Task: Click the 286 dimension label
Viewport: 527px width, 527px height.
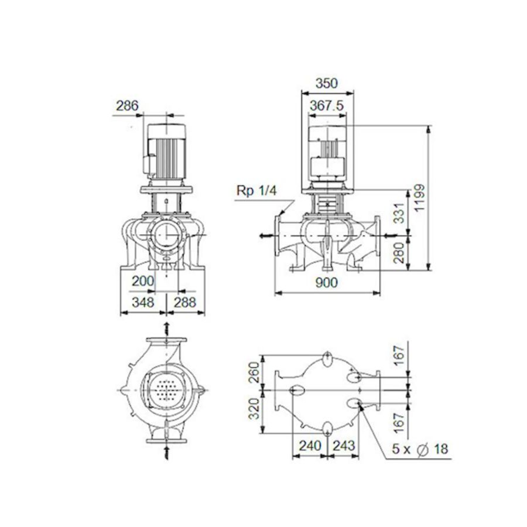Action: pos(126,106)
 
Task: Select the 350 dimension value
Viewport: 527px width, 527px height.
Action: pos(326,83)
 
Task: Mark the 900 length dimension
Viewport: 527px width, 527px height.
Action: pos(326,283)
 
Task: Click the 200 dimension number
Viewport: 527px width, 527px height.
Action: pos(142,281)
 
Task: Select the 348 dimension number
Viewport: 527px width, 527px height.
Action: pos(142,302)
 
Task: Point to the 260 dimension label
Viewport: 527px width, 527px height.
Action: pos(254,371)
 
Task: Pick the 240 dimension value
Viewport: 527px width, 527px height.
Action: pos(309,446)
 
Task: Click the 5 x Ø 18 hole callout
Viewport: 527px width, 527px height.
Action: pos(419,449)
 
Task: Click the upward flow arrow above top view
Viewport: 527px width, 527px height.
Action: pos(167,327)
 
